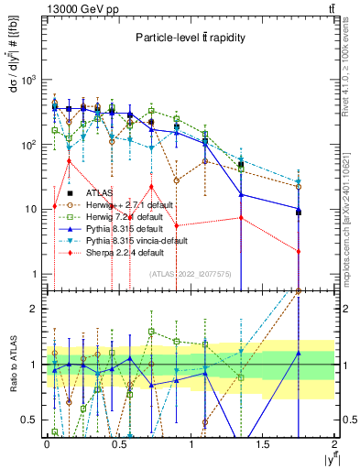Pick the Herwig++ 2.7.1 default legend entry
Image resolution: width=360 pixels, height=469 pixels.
pos(125,205)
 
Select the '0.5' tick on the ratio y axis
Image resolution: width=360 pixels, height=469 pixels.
pos(31,420)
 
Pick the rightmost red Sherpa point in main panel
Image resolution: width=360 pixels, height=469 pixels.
pos(299,251)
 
